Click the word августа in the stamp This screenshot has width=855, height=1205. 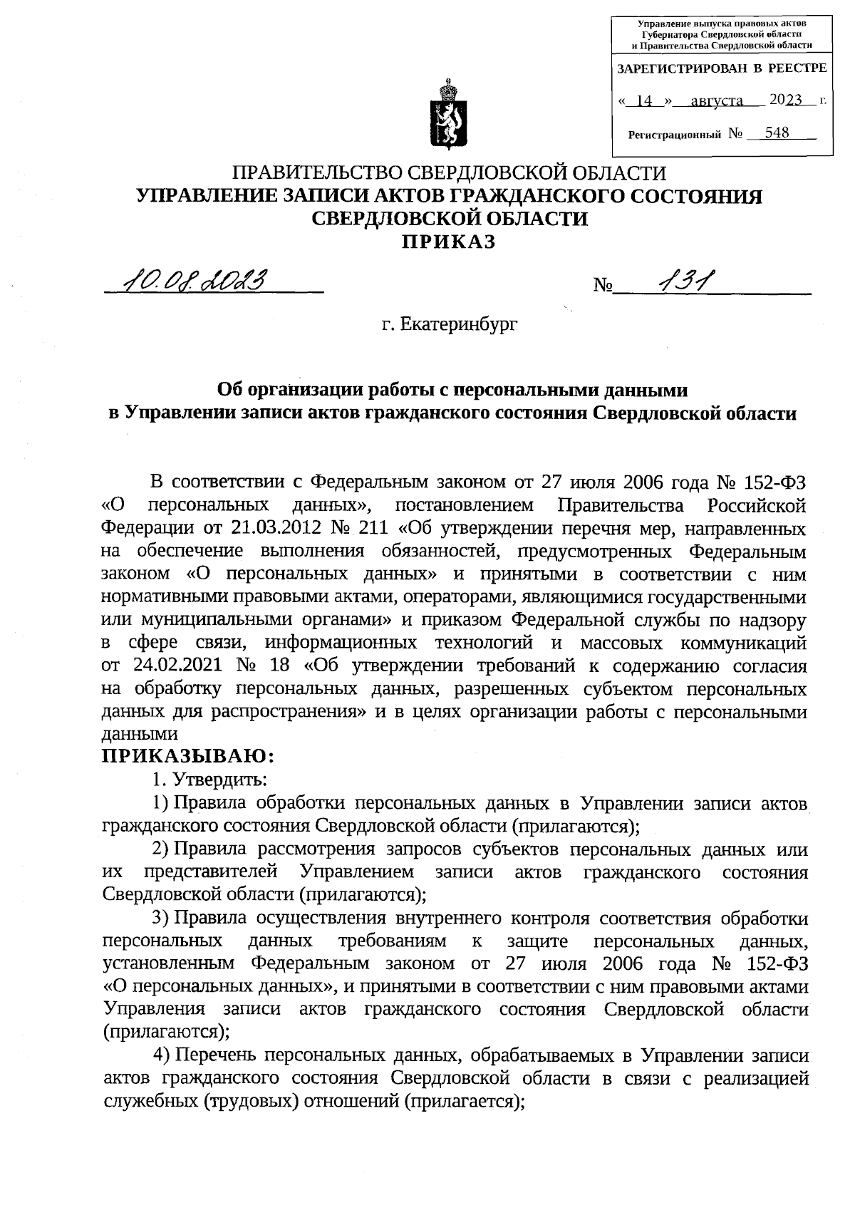pos(717,101)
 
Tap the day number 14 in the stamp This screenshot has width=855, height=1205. pos(645,101)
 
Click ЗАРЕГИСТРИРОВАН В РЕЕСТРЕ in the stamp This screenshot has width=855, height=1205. pos(721,68)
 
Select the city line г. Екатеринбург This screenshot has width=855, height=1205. pos(449,325)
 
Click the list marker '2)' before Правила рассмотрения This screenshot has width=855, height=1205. pos(160,849)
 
